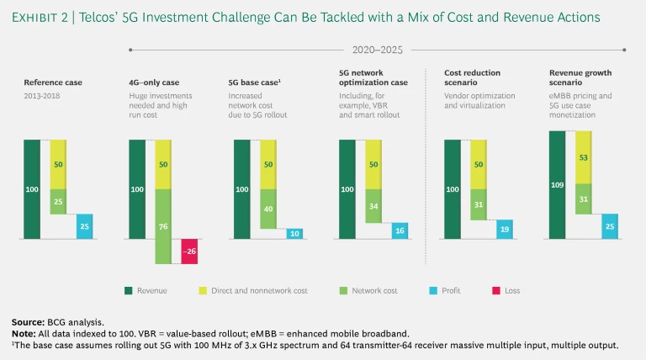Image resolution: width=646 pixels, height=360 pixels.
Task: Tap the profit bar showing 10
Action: click(294, 234)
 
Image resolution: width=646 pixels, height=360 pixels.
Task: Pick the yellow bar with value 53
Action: click(584, 156)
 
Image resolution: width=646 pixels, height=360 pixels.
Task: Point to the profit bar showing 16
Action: click(400, 230)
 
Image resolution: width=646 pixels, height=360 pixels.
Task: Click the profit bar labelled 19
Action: click(505, 229)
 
